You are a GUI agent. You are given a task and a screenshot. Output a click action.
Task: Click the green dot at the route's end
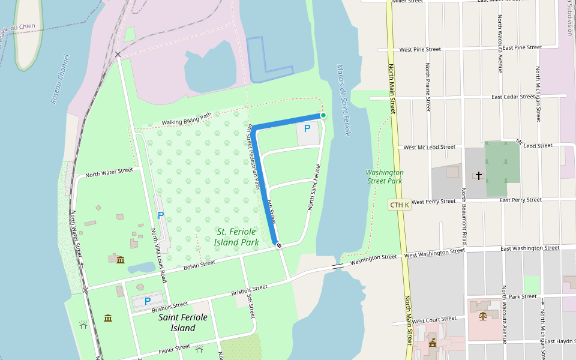click(323, 115)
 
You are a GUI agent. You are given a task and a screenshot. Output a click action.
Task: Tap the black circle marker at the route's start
click(278, 245)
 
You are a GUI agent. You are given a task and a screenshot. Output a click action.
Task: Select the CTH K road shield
click(399, 205)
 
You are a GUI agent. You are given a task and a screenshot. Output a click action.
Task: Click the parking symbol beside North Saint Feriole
click(307, 128)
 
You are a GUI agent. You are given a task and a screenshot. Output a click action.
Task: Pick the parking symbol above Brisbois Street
click(147, 301)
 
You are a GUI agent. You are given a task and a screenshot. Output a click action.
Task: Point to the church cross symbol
click(478, 175)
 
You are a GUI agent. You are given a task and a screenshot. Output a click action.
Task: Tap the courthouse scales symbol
click(483, 316)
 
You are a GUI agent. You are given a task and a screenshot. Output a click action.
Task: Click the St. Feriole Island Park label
click(238, 237)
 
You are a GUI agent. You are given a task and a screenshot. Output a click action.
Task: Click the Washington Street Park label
click(385, 176)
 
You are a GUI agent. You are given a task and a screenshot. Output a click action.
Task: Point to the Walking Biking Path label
click(187, 119)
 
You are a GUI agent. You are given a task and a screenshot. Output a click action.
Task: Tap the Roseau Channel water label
click(60, 79)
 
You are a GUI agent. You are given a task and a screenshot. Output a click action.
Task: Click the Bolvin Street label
click(199, 265)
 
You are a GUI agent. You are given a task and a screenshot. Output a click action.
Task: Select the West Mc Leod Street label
click(430, 147)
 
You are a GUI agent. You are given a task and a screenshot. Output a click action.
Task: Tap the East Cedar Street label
click(513, 97)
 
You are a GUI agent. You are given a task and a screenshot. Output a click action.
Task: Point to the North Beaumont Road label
click(464, 217)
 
